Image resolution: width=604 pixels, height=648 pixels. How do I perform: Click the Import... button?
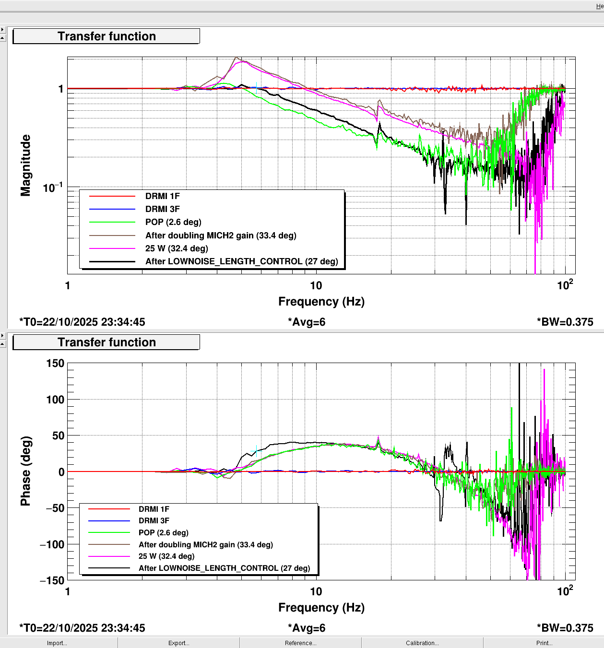57,643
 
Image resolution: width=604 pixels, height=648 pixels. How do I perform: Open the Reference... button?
300,643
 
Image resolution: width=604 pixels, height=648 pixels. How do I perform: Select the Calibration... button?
422,643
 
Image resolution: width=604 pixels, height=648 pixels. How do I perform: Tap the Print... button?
544,643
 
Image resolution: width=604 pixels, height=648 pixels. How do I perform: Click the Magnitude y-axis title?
25,165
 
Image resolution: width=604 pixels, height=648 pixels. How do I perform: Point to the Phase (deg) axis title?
25,471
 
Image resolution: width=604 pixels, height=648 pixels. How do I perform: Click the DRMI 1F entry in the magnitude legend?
162,196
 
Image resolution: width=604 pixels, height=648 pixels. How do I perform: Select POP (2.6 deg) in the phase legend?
163,533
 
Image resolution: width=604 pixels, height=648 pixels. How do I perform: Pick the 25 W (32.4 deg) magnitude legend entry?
177,248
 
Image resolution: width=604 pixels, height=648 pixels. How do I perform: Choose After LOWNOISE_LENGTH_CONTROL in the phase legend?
224,568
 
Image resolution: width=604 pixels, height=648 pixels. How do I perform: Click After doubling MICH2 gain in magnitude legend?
221,236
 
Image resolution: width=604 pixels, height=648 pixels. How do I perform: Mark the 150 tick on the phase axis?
55,364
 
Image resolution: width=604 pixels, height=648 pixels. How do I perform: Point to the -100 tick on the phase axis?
52,544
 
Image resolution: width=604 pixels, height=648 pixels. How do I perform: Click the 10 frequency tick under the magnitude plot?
316,286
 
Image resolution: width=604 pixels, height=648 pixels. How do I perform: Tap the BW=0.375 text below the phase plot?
565,628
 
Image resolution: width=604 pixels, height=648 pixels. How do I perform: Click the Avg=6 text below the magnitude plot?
307,322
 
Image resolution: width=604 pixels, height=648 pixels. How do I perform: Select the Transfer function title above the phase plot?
107,342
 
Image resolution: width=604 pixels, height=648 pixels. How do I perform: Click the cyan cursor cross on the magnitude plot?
257,88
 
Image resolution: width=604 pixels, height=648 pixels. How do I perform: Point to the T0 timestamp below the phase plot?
82,628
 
